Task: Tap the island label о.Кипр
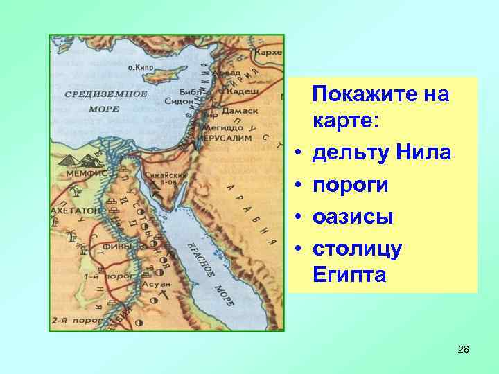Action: point(141,68)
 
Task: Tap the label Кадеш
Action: point(243,91)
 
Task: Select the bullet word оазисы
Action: point(353,217)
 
